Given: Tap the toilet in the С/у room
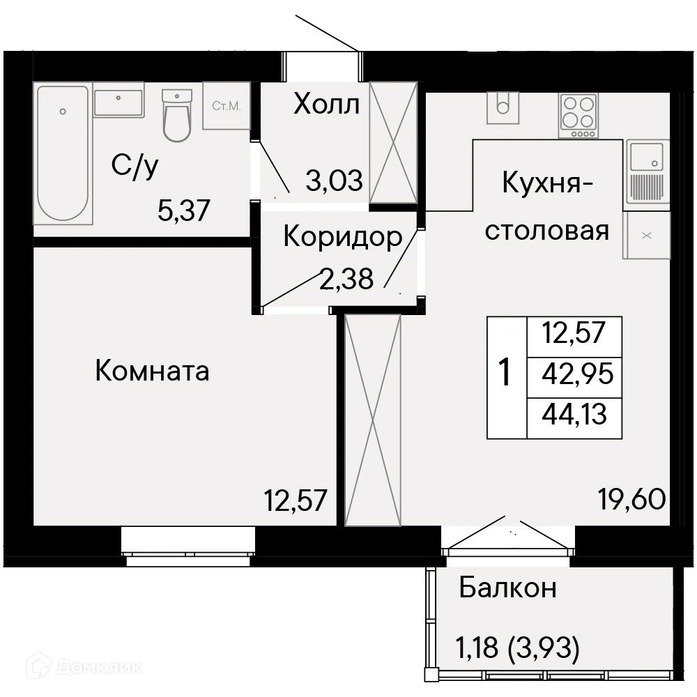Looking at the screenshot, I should (x=176, y=115).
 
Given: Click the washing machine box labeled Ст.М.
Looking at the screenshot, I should (x=227, y=106).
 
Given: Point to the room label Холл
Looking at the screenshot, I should (x=326, y=105).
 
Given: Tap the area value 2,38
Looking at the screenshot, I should (x=346, y=279).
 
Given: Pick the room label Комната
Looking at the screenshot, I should (x=152, y=371).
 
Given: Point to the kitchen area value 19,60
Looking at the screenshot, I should (x=632, y=498).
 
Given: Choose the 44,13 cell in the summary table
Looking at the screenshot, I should (x=575, y=415).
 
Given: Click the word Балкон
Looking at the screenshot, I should (x=507, y=588).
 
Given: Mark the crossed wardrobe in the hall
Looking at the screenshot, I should (x=393, y=143).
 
